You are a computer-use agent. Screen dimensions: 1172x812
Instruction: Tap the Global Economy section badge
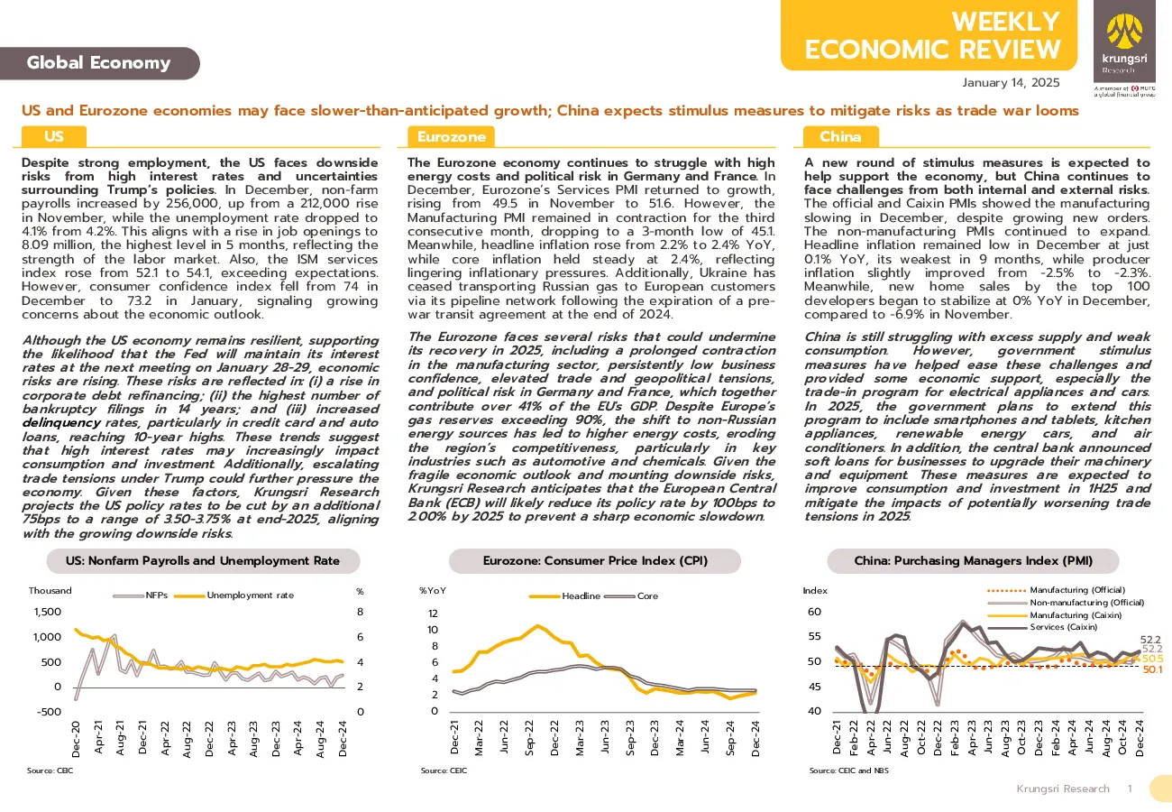click(x=99, y=63)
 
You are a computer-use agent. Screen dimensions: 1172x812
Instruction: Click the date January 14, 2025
click(x=1011, y=83)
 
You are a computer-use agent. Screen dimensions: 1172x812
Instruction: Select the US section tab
click(x=54, y=136)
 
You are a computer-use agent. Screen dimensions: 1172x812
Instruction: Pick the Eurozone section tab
click(x=451, y=136)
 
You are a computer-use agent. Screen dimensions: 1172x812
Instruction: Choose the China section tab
click(x=840, y=136)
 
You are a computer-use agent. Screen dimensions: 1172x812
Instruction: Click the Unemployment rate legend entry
click(x=233, y=595)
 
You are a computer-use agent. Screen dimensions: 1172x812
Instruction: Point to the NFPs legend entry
click(x=141, y=595)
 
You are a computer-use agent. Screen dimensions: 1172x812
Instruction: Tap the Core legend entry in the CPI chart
click(x=631, y=595)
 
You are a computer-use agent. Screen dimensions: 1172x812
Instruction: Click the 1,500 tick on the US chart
click(x=48, y=612)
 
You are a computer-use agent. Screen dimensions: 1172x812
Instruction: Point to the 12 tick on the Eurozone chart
click(x=433, y=613)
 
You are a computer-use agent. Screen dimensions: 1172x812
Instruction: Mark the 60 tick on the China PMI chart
click(x=815, y=612)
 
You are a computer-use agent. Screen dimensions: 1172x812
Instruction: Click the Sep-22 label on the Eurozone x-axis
click(x=529, y=738)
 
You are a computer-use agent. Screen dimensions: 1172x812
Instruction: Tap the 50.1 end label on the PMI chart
click(x=1152, y=669)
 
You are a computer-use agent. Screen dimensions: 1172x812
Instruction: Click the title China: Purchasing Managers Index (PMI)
click(x=973, y=560)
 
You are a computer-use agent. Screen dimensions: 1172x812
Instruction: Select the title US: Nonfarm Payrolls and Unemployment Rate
click(x=203, y=560)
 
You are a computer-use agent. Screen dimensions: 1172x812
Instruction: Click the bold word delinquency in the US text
click(x=61, y=423)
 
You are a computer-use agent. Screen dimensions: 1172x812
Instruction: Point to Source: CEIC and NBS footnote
click(x=848, y=770)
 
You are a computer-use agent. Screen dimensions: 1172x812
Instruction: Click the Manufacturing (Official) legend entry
click(x=1056, y=590)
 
